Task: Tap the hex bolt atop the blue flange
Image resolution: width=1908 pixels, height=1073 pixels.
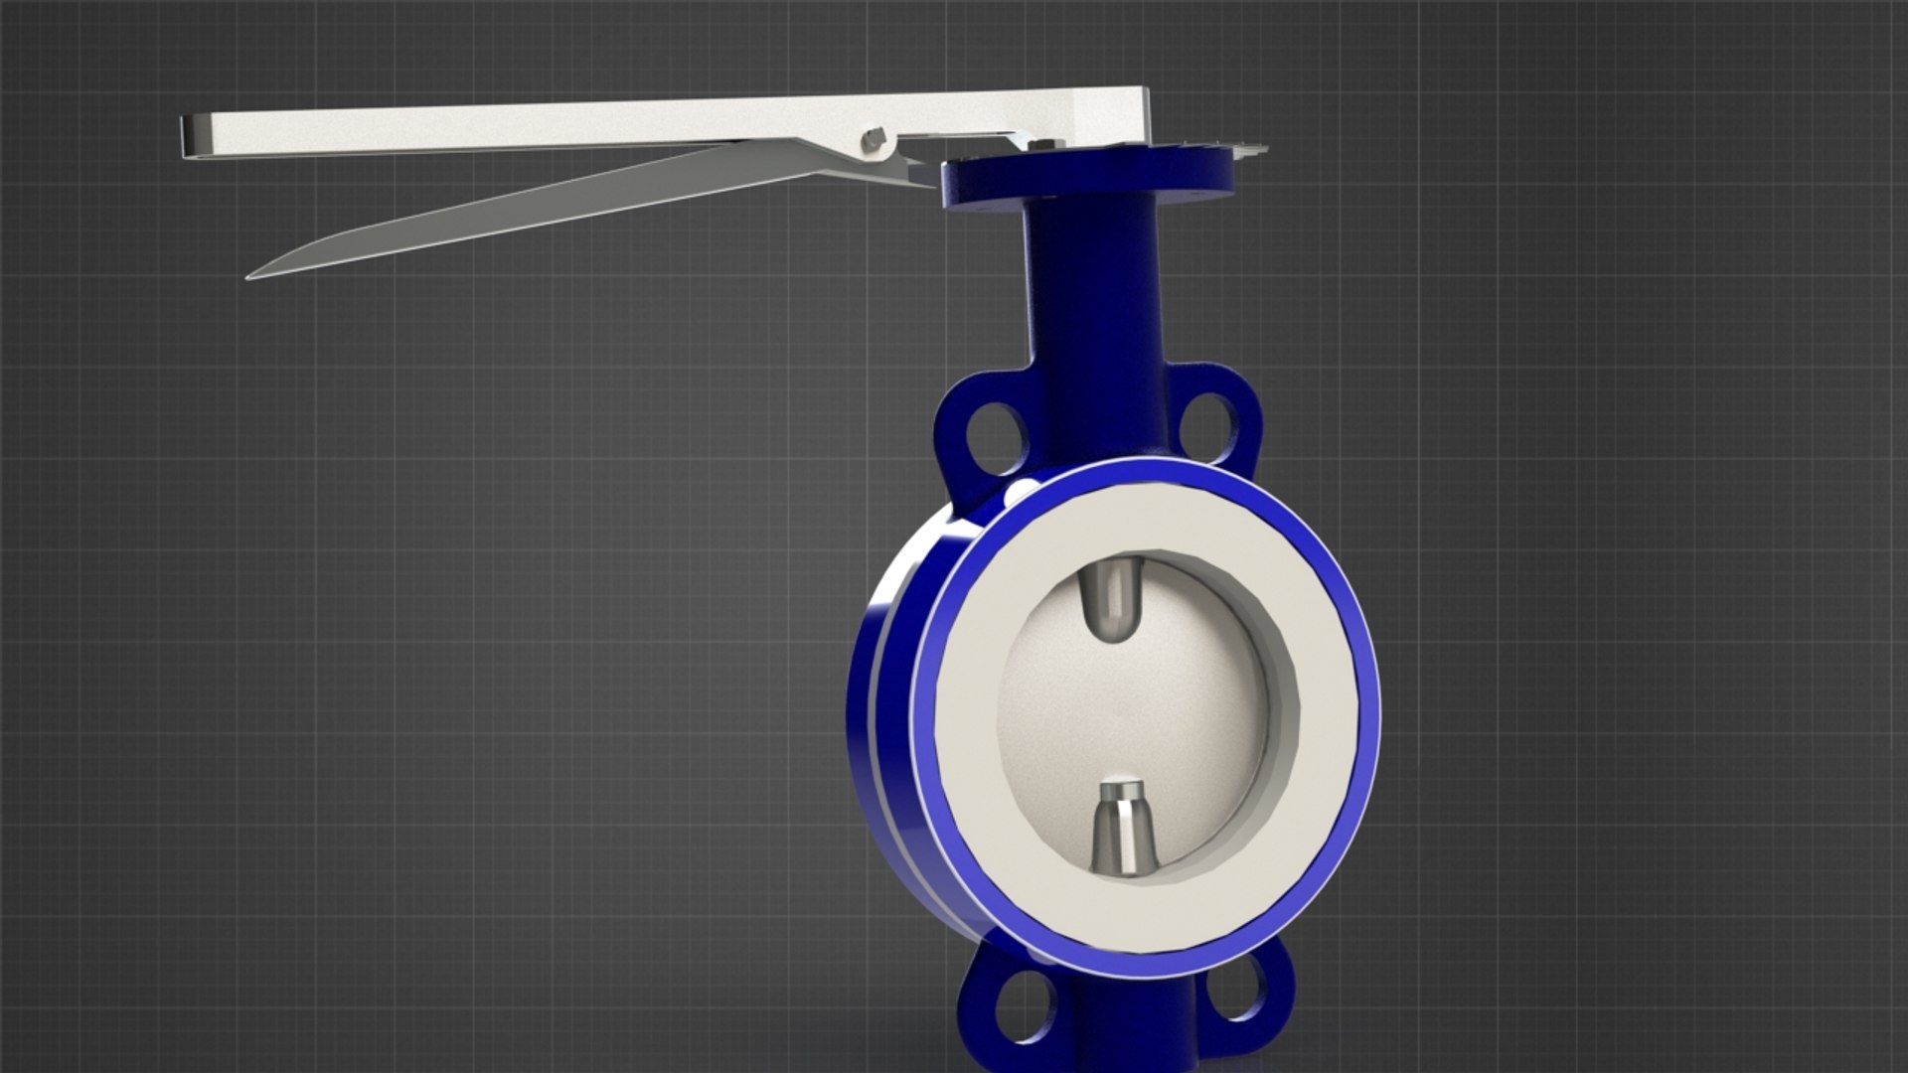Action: tap(1040, 146)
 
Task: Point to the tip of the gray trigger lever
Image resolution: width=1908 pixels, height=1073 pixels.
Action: tap(254, 274)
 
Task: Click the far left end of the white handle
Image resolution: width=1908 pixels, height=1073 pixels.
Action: tap(187, 136)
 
